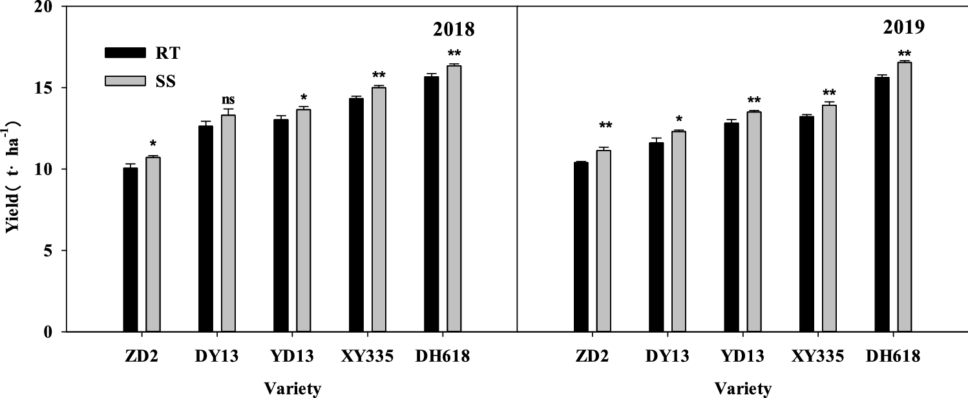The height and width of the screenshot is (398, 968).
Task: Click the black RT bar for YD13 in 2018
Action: (281, 225)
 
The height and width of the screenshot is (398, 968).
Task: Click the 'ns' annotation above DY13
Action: (228, 99)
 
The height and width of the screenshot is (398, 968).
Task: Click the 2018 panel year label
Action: (454, 29)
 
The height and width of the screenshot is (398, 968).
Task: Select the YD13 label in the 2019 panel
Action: (742, 357)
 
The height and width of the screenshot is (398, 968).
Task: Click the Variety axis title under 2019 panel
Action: (742, 388)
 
